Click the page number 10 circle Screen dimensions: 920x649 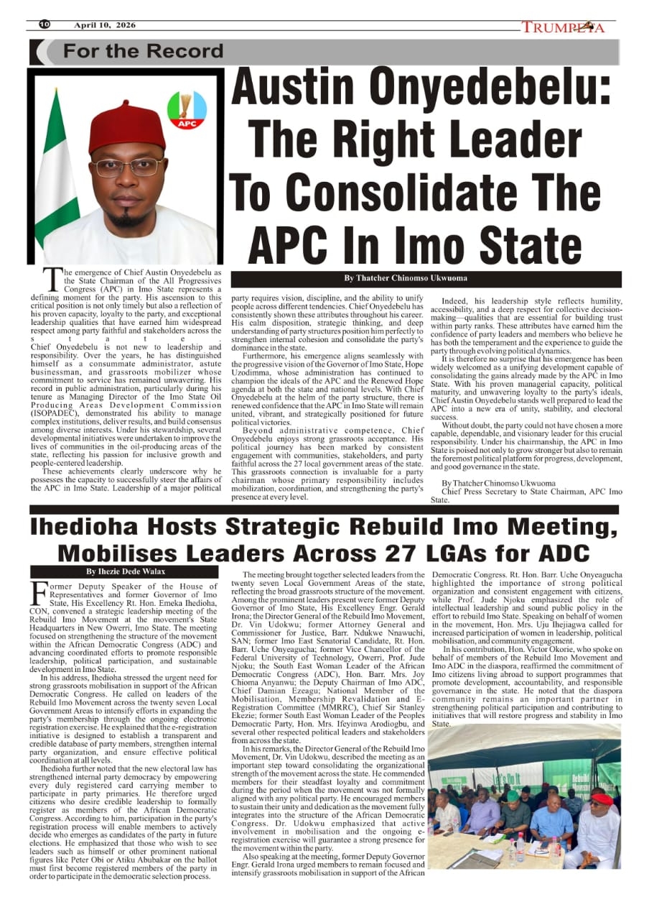point(45,25)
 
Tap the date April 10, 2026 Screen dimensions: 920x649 point(105,25)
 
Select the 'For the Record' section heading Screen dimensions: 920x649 point(144,52)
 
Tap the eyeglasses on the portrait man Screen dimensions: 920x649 point(128,167)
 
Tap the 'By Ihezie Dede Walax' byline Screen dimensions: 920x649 point(125,571)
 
